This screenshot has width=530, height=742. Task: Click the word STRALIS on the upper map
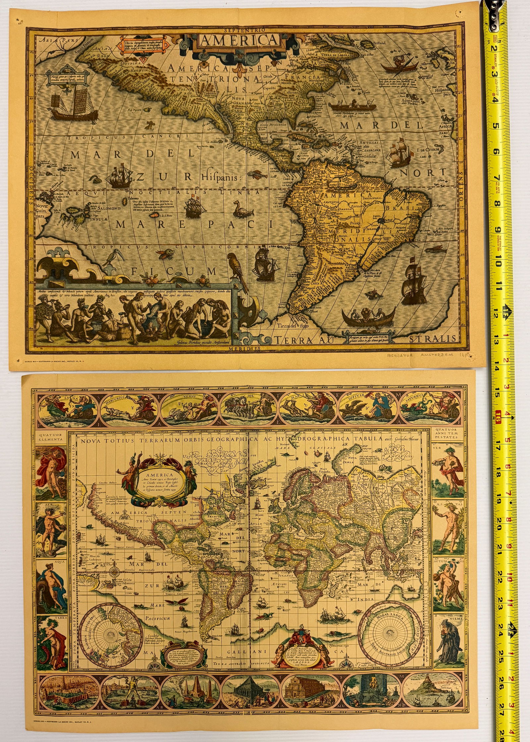click(433, 338)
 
